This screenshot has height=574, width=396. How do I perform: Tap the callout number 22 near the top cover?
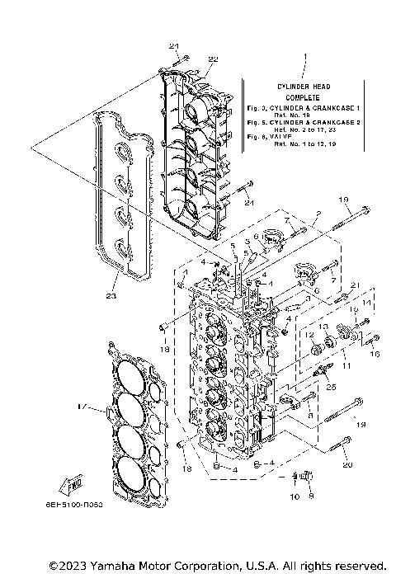coord(189,59)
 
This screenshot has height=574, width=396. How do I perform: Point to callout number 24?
coord(249,203)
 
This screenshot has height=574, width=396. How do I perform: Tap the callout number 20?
coord(346,465)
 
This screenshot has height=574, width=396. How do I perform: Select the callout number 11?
coord(346,364)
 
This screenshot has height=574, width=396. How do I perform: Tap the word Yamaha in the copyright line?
coord(97,566)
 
